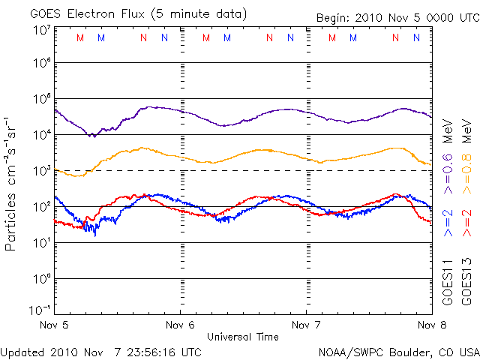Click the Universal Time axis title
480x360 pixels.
coord(243,337)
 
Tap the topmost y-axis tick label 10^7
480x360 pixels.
coord(42,30)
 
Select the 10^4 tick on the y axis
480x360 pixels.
coord(42,135)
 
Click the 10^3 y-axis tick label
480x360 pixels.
coord(42,171)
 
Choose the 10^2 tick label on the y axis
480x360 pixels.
coord(42,207)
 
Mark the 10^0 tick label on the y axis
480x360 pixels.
coord(42,279)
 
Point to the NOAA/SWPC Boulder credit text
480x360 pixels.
coord(398,351)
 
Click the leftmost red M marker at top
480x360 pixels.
coord(80,37)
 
